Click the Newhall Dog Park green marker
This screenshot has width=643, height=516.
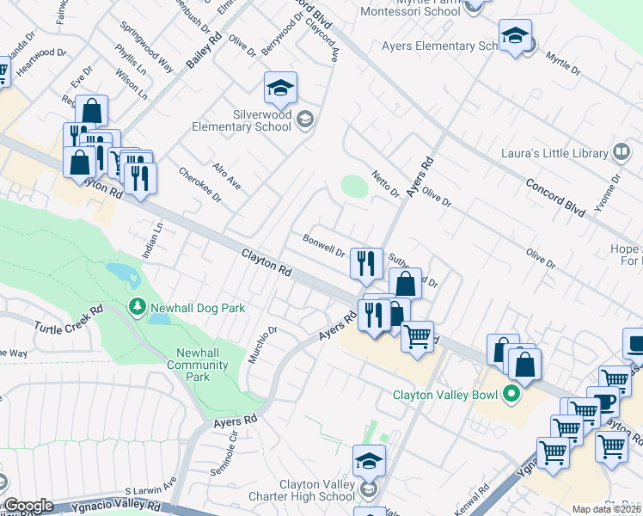click(136, 307)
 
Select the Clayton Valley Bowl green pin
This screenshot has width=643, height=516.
click(511, 396)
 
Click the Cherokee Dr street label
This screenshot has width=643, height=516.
click(188, 184)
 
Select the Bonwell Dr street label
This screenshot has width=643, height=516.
click(323, 245)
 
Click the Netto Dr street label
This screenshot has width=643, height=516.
click(386, 184)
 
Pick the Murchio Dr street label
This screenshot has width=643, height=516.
click(262, 344)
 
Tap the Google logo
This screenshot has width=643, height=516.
click(28, 506)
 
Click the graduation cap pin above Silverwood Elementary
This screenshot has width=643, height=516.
click(280, 87)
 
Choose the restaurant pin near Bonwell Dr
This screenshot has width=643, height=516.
click(366, 263)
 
